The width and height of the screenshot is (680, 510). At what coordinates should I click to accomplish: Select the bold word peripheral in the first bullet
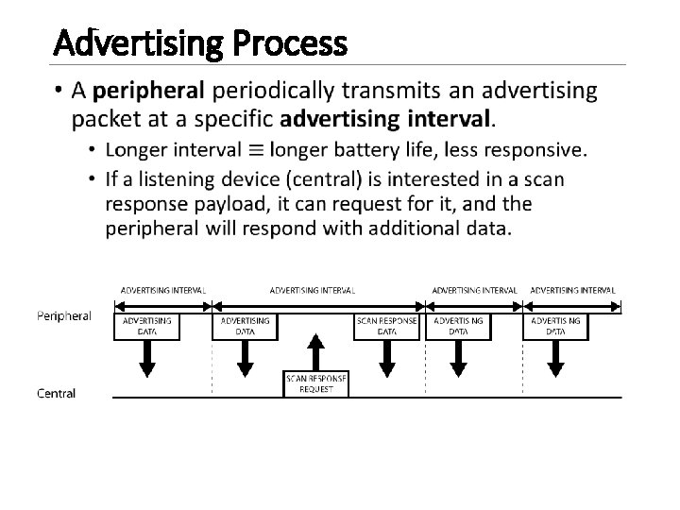click(x=149, y=92)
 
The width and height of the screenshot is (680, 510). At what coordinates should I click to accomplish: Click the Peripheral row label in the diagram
click(x=64, y=316)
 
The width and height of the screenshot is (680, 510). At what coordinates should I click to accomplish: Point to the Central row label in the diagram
click(x=57, y=392)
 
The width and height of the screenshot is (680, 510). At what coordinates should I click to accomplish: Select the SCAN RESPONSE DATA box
click(x=387, y=326)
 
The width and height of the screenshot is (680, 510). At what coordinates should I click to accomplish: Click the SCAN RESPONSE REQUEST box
click(x=316, y=383)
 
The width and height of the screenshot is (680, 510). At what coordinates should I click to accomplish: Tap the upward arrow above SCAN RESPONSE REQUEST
click(x=316, y=349)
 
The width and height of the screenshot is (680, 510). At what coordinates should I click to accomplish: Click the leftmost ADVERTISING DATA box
click(x=147, y=326)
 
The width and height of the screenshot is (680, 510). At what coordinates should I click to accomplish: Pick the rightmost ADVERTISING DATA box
click(x=554, y=326)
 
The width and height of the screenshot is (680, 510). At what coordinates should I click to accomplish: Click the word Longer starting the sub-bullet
click(x=135, y=149)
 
